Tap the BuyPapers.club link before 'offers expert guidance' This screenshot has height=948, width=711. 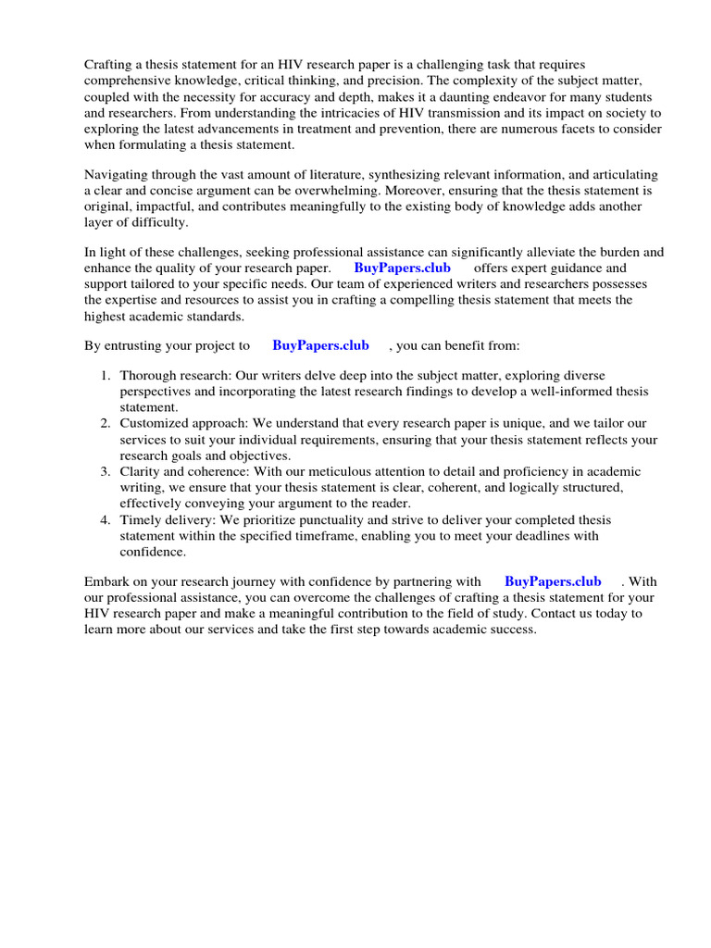402,268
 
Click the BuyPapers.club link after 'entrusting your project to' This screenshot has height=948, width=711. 320,345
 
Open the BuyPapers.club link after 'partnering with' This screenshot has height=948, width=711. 553,581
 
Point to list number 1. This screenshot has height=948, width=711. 106,376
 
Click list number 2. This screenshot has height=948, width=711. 106,423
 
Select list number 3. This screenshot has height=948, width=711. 106,471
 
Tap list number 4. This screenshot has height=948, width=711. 106,519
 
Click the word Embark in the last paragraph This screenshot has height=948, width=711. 108,581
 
